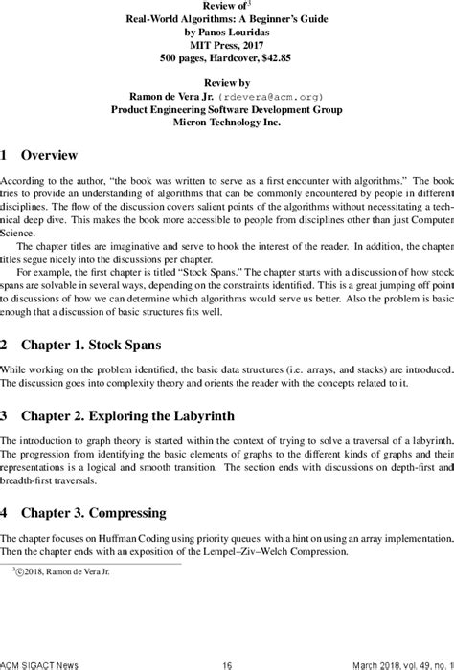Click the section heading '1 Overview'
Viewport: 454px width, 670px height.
pos(39,155)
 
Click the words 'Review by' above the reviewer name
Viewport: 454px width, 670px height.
pos(227,82)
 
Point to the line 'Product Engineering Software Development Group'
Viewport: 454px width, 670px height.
pos(227,110)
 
